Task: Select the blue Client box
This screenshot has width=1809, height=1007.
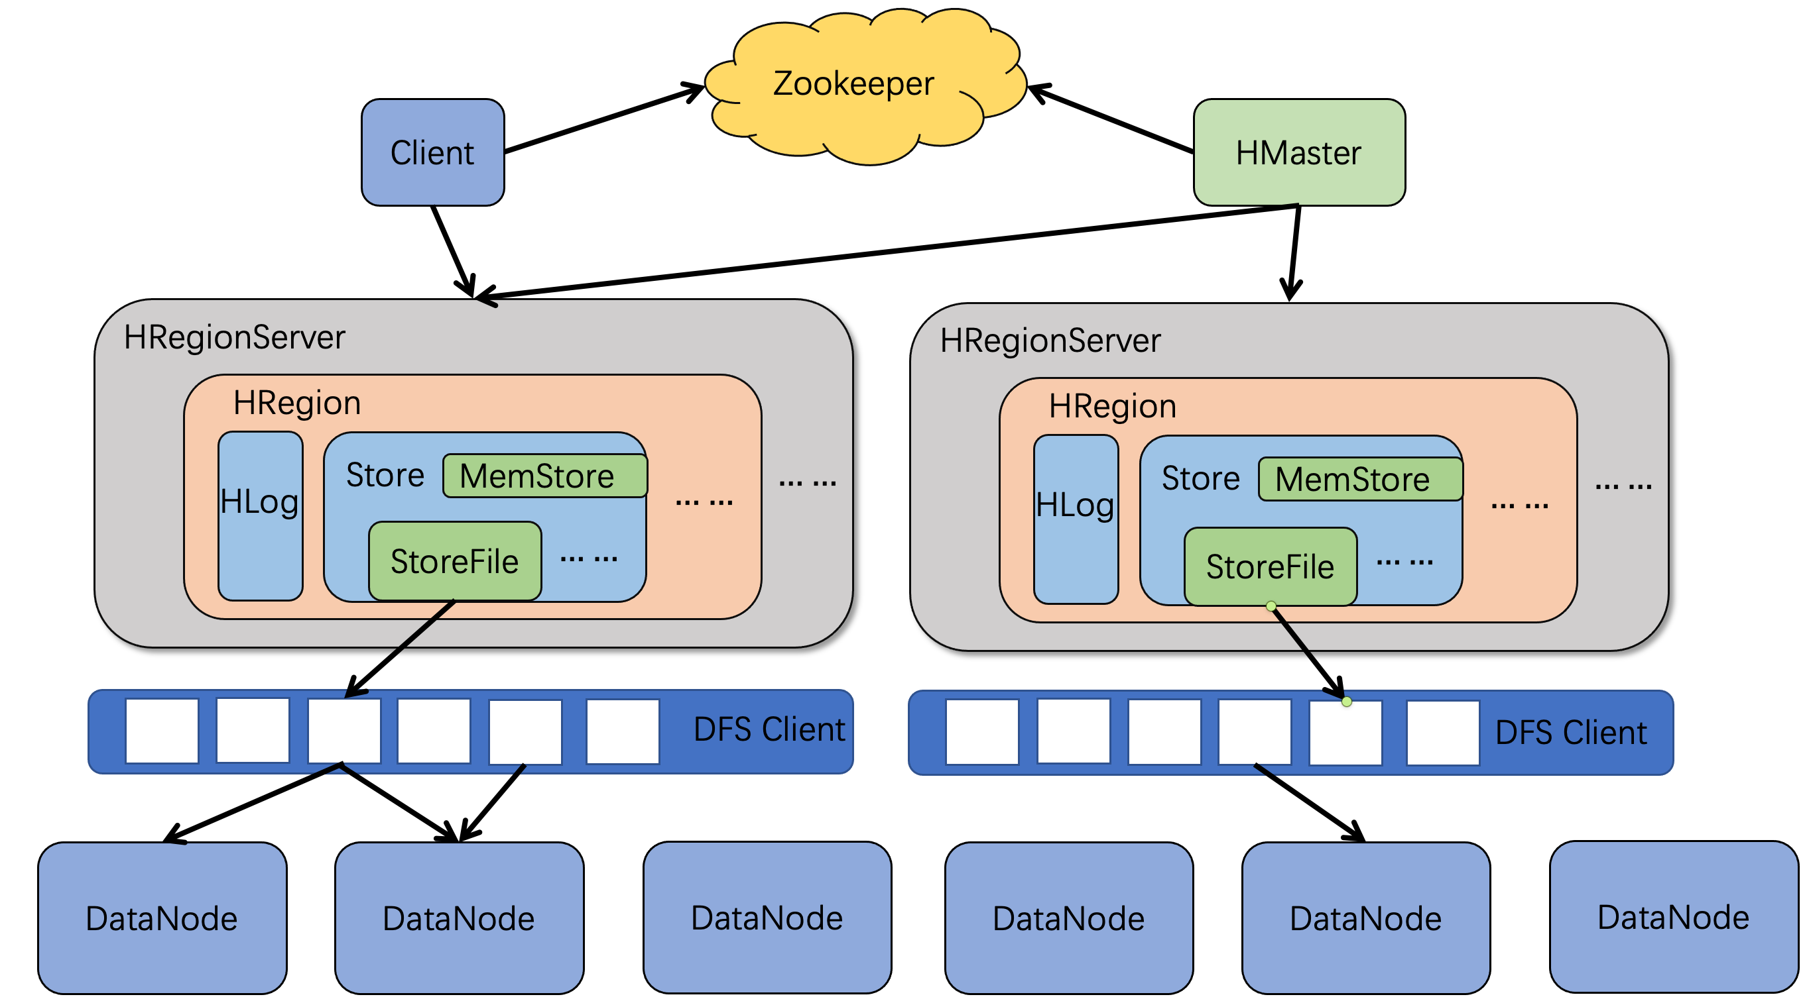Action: (x=432, y=152)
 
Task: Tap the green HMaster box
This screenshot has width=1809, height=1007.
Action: (x=1299, y=152)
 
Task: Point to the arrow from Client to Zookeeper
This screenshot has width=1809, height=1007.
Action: (x=604, y=119)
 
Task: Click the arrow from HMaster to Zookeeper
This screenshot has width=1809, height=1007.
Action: (x=1111, y=119)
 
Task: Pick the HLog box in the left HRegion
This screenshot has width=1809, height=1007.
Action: (x=261, y=516)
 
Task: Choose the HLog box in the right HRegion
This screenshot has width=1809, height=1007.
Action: (x=1076, y=519)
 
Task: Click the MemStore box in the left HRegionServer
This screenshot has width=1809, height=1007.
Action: (x=545, y=476)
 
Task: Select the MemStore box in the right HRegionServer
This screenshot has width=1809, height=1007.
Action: (x=1360, y=479)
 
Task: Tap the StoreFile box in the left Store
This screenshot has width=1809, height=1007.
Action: (x=455, y=560)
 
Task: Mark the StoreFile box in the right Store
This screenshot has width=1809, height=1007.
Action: (x=1271, y=566)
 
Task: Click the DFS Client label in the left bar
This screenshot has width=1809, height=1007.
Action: (x=769, y=729)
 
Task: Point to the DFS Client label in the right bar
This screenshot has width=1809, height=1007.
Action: (x=1571, y=733)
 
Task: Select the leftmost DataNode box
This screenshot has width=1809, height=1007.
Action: (x=162, y=918)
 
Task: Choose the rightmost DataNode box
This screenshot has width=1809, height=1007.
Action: (x=1674, y=916)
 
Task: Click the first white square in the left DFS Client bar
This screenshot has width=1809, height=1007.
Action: (x=162, y=731)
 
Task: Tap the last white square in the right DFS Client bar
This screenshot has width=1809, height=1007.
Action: (x=1443, y=733)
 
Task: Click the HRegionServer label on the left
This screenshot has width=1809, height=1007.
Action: (x=235, y=337)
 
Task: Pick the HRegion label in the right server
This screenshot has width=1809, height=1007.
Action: (x=1112, y=405)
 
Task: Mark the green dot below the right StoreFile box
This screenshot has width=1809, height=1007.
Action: (x=1271, y=606)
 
